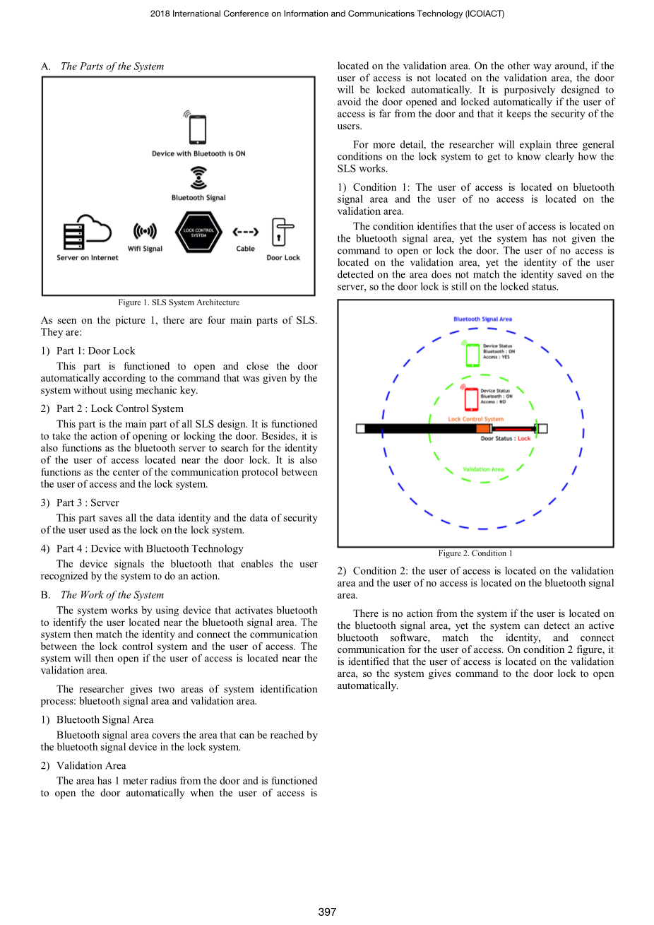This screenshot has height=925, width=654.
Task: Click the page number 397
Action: [327, 912]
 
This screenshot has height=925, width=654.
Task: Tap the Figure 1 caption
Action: [179, 302]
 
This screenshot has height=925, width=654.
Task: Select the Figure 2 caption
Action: [475, 553]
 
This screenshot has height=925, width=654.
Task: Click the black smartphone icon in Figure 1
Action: [198, 130]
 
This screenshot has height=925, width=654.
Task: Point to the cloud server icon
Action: [88, 231]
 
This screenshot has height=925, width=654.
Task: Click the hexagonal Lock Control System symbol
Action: [198, 232]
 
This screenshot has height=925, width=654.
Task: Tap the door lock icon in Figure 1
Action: [283, 232]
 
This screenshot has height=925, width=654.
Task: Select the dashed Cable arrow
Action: [245, 232]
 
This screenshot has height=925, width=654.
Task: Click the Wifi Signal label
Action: [145, 249]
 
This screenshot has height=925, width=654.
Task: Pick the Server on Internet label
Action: [88, 258]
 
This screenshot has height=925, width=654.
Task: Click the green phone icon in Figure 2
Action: [472, 353]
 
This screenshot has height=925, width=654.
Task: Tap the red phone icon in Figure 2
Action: [471, 398]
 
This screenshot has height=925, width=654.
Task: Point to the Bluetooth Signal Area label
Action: [482, 319]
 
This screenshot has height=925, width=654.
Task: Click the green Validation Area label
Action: [483, 469]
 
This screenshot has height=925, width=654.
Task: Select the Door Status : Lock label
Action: [505, 439]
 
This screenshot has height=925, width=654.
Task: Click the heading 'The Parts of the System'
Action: [112, 66]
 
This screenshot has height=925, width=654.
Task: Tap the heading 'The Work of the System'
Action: [112, 595]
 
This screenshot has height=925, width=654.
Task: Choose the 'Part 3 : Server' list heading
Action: [88, 503]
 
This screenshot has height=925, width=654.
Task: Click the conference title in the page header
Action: [327, 13]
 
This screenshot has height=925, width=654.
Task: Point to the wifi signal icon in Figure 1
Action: [145, 231]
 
